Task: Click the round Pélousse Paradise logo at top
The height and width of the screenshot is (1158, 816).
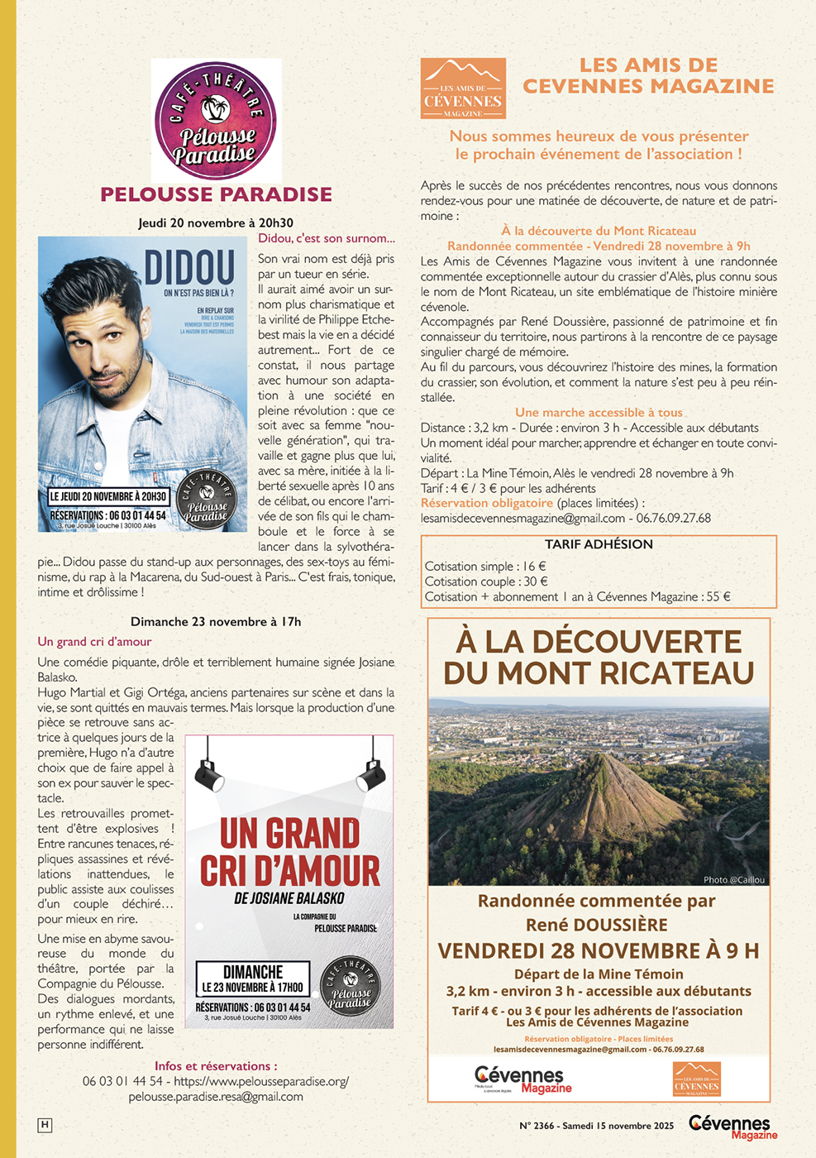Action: tap(216, 121)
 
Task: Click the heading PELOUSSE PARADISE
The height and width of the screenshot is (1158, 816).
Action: tap(217, 194)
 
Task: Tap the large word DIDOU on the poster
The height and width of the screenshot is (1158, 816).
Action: tap(189, 268)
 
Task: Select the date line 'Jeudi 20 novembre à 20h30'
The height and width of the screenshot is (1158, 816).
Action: tap(216, 223)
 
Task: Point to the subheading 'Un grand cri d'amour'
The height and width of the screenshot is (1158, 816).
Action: tap(94, 642)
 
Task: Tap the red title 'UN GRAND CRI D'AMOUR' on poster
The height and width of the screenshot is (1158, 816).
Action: tap(290, 853)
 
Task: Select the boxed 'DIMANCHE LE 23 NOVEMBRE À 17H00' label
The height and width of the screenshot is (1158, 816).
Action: tap(253, 979)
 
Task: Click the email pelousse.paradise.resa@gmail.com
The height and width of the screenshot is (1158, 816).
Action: tap(216, 1097)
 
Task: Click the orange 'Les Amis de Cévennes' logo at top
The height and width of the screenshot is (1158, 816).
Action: tap(463, 89)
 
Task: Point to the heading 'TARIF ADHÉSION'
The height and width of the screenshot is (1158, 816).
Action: tap(599, 544)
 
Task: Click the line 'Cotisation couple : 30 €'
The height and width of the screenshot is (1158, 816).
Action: tap(486, 581)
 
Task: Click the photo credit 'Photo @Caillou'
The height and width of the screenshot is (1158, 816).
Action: tap(733, 879)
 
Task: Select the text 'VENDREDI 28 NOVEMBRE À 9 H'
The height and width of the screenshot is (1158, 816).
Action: tap(598, 951)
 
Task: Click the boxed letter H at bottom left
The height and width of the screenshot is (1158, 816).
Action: tap(45, 1125)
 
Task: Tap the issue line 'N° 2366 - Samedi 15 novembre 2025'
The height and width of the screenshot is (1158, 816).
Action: tap(596, 1126)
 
